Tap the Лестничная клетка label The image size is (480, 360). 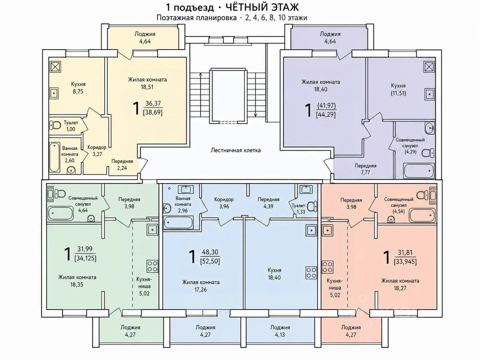pos(236,150)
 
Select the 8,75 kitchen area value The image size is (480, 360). pos(78,92)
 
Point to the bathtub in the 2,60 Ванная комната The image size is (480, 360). pos(55,157)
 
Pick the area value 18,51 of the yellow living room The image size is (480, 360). pos(147,87)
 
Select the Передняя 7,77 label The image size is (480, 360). pos(366,169)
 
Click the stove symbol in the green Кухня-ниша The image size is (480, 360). pos(152,266)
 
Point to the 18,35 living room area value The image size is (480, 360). pos(77,285)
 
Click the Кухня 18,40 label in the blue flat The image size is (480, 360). pos(274,274)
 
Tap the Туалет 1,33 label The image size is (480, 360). pos(299,209)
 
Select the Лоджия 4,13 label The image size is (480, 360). pos(280,331)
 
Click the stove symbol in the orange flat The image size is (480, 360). pos(328,267)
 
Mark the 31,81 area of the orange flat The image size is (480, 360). pos(405,253)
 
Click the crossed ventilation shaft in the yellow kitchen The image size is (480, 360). pos(56,67)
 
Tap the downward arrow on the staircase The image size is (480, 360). pos(255,94)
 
